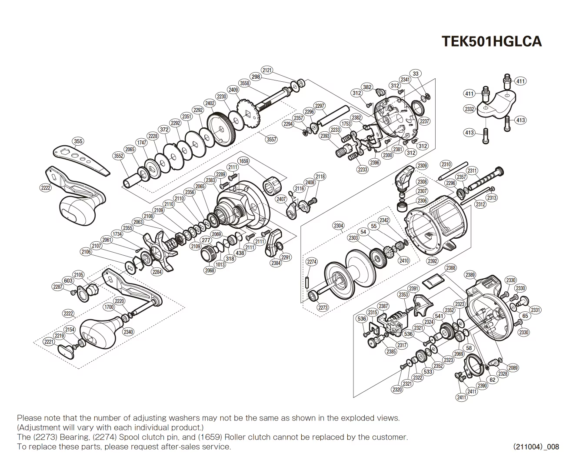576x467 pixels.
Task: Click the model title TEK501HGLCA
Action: pyautogui.click(x=491, y=41)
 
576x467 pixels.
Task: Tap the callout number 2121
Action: pyautogui.click(x=267, y=70)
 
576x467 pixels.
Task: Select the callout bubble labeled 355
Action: pyautogui.click(x=78, y=141)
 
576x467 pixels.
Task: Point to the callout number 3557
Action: pyautogui.click(x=271, y=139)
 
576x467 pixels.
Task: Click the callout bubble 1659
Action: pyautogui.click(x=243, y=161)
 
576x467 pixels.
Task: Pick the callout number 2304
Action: pyautogui.click(x=339, y=225)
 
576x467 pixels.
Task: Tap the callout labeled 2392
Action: pyautogui.click(x=432, y=261)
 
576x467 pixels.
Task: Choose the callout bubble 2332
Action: pyautogui.click(x=469, y=109)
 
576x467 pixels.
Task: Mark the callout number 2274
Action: pyautogui.click(x=312, y=262)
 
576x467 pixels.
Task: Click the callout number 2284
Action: pyautogui.click(x=157, y=272)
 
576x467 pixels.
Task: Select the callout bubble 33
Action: pyautogui.click(x=416, y=74)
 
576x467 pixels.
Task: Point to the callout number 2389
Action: pyautogui.click(x=470, y=275)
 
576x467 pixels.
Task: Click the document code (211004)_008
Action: pyautogui.click(x=536, y=447)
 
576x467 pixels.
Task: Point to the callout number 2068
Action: pyautogui.click(x=210, y=270)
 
